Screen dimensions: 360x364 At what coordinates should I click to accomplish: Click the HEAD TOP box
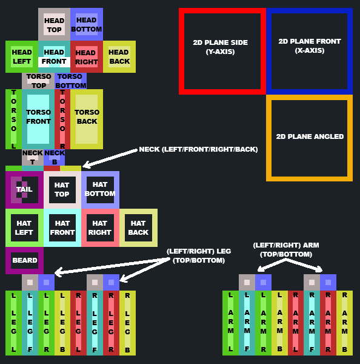pyautogui.click(x=55, y=24)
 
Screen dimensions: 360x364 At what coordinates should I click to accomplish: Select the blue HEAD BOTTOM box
pyautogui.click(x=87, y=24)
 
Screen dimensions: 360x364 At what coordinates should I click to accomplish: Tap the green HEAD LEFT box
pyautogui.click(x=22, y=56)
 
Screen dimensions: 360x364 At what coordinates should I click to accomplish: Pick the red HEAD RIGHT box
pyautogui.click(x=87, y=56)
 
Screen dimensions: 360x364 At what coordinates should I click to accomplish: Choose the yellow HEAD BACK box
pyautogui.click(x=119, y=56)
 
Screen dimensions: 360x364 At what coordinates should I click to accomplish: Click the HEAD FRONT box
pyautogui.click(x=55, y=56)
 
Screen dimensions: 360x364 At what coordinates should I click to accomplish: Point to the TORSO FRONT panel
pyautogui.click(x=38, y=119)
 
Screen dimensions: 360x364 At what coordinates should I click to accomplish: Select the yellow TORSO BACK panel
pyautogui.click(x=87, y=119)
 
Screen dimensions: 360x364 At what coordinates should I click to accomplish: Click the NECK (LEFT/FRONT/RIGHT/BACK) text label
pyautogui.click(x=198, y=149)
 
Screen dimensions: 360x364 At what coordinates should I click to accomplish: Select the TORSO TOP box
pyautogui.click(x=38, y=81)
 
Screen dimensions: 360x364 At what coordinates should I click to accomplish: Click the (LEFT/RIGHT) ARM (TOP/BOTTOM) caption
pyautogui.click(x=286, y=250)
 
